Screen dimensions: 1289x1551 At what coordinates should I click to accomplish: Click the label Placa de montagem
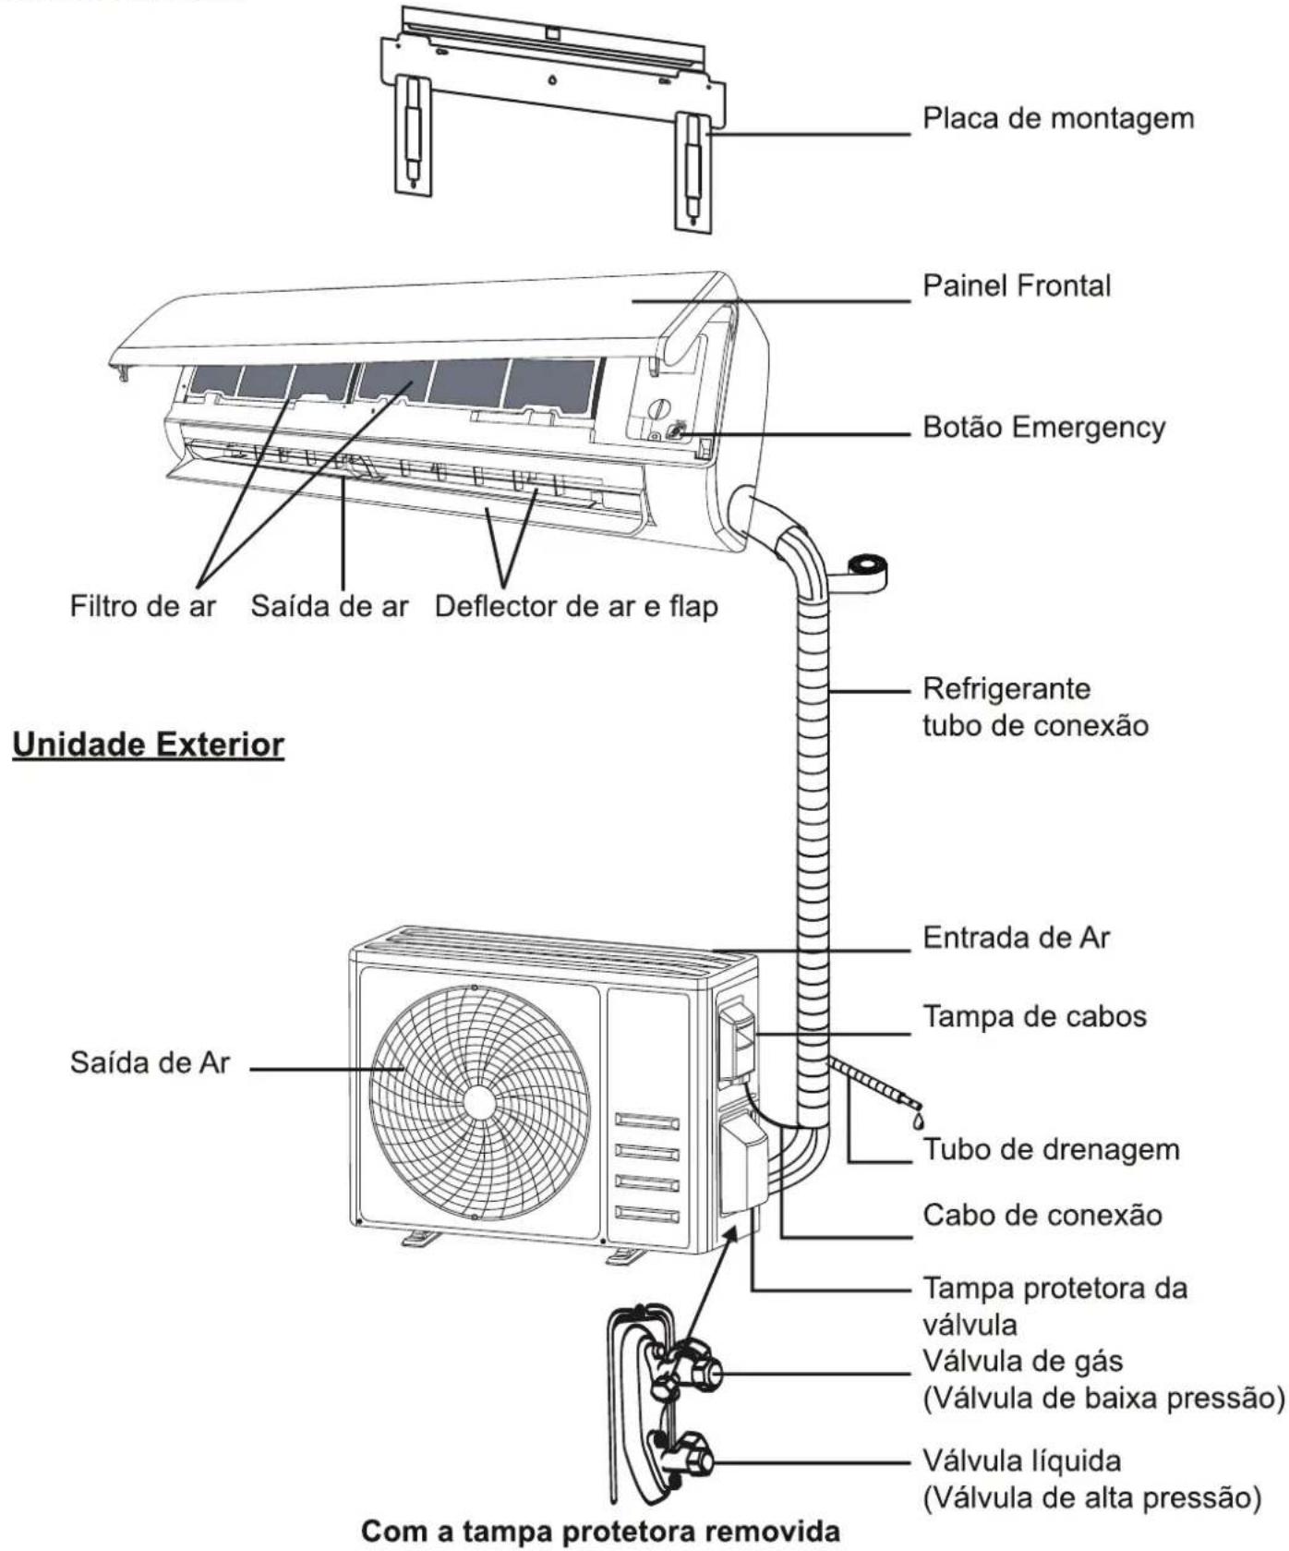point(1058,119)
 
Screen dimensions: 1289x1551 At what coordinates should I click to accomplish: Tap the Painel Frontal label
point(1017,285)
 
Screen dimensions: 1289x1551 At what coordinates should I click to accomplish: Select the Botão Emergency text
point(1044,428)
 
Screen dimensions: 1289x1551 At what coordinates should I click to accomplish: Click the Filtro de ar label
point(143,606)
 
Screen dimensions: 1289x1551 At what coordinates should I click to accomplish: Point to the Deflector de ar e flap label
point(576,607)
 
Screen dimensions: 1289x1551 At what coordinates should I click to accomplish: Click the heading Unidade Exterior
point(148,745)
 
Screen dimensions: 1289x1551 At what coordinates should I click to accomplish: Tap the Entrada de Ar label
point(1017,938)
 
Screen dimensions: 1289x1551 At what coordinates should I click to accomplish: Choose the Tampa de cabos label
point(1035,1017)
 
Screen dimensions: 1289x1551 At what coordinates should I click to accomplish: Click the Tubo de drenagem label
point(1052,1150)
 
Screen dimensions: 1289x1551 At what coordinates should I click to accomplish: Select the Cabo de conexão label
point(1042,1215)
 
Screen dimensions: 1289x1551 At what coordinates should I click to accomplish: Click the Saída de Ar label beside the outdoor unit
point(150,1062)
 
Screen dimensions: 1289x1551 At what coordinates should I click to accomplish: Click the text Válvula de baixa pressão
point(1104,1399)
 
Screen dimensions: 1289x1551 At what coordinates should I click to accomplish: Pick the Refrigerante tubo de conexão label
point(1036,707)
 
